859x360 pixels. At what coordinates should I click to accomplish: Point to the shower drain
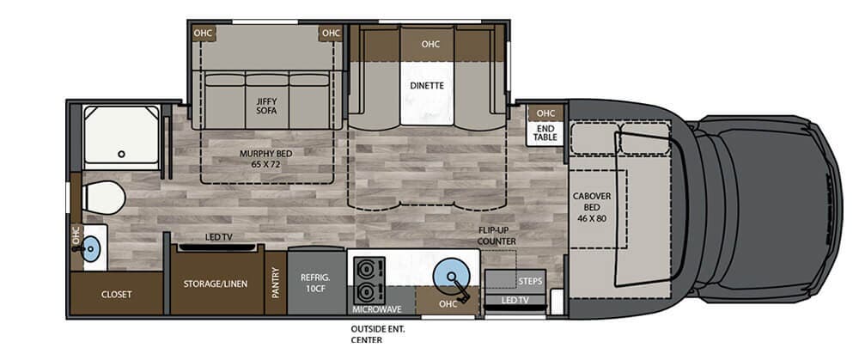point(122,155)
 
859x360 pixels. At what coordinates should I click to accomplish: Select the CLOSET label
point(116,295)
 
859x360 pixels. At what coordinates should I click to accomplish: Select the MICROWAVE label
point(378,307)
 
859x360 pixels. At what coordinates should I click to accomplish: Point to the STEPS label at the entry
point(530,281)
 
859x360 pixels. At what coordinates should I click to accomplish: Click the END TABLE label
point(545,132)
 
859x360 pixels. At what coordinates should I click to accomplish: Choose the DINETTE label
point(426,86)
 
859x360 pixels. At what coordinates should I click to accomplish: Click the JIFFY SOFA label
point(266,107)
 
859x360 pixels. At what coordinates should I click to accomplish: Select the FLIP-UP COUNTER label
point(497,236)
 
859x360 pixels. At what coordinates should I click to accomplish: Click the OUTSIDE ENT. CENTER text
point(377,333)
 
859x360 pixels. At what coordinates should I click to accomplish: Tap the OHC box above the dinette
point(429,44)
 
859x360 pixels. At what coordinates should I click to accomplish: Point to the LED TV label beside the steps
point(515,300)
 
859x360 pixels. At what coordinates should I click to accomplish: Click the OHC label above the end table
point(545,113)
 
